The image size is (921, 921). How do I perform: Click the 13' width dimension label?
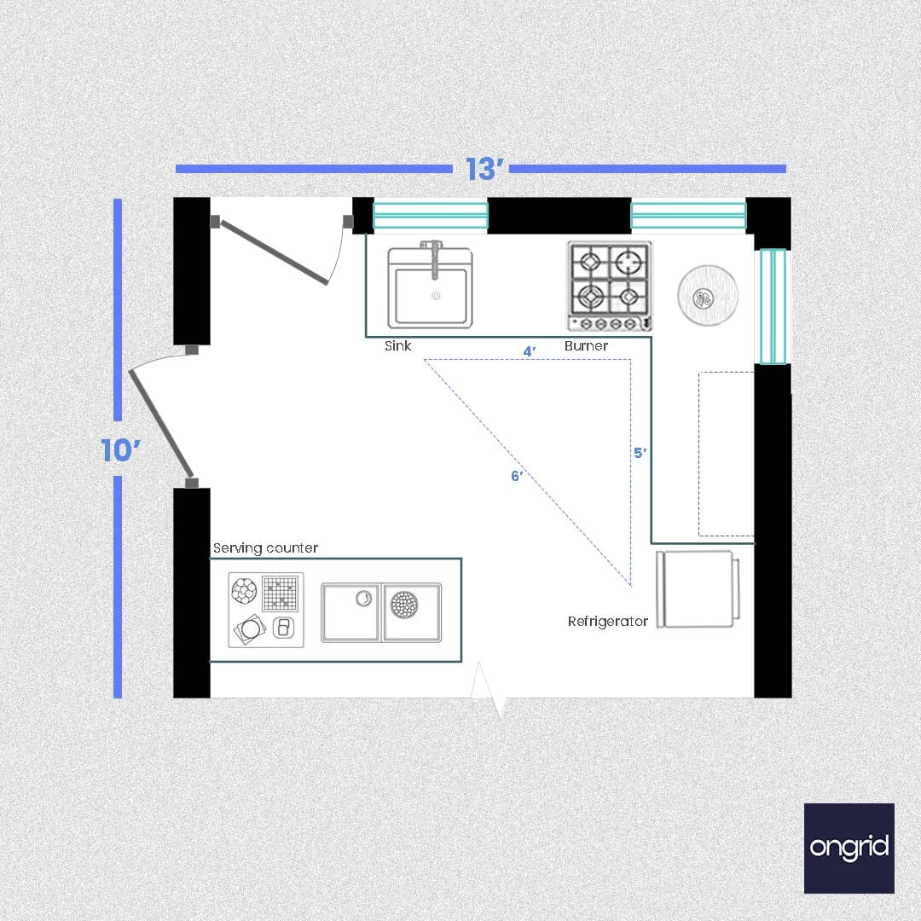point(484,169)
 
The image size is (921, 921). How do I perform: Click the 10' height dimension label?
point(120,450)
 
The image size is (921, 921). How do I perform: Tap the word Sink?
point(397,346)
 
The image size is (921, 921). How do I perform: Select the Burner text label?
point(586,346)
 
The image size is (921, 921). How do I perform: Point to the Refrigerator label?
point(607,622)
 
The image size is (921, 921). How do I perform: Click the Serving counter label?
point(265,548)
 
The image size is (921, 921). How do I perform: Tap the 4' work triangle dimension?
point(530,351)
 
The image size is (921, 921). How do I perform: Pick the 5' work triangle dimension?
point(640,453)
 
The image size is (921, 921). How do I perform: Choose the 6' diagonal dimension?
point(516,476)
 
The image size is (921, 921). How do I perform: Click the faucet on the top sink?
point(434,258)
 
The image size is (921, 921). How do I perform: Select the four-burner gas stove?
point(609,286)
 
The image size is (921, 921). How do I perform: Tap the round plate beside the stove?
point(707,295)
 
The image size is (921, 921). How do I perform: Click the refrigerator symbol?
point(698,589)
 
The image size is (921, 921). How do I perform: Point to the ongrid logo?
point(849,849)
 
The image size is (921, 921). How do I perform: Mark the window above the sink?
point(431,215)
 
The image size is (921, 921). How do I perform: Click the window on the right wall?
point(773,306)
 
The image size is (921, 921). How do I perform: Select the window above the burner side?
point(688,215)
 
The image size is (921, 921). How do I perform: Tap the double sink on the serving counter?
point(381,612)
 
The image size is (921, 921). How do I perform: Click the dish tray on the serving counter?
point(266,611)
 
